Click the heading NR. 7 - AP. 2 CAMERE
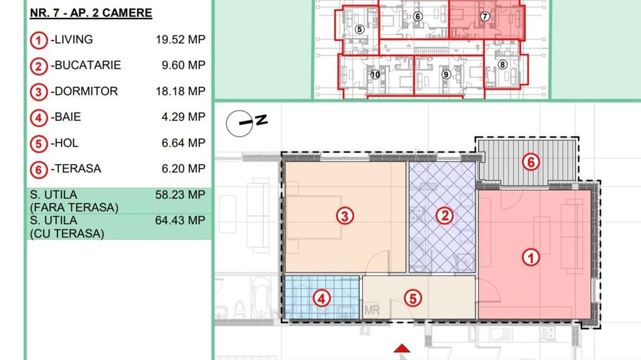[91, 13]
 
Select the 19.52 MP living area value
[180, 40]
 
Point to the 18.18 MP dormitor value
[180, 91]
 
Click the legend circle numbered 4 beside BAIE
[38, 117]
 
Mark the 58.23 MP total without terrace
[180, 195]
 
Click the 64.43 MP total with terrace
[180, 220]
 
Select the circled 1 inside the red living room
[529, 258]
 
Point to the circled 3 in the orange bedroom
[346, 217]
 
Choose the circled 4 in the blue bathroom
[321, 298]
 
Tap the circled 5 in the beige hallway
[412, 298]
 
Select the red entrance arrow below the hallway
[405, 349]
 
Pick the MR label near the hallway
[372, 310]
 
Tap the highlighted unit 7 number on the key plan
[485, 16]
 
